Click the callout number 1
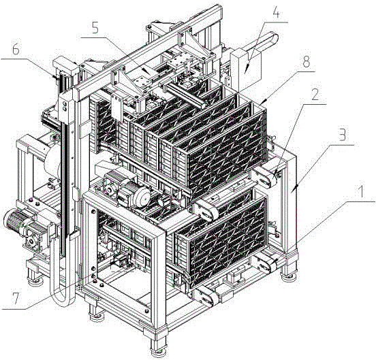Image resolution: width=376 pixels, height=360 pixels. [x=360, y=193]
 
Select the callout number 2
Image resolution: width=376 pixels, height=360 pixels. [x=315, y=95]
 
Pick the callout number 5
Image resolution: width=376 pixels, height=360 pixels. [x=95, y=29]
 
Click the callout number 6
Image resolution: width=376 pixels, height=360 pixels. [x=16, y=50]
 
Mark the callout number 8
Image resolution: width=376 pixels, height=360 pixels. [x=307, y=62]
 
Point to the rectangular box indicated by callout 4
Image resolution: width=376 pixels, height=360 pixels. [x=245, y=66]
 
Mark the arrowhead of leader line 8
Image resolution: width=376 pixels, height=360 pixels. [x=262, y=103]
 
